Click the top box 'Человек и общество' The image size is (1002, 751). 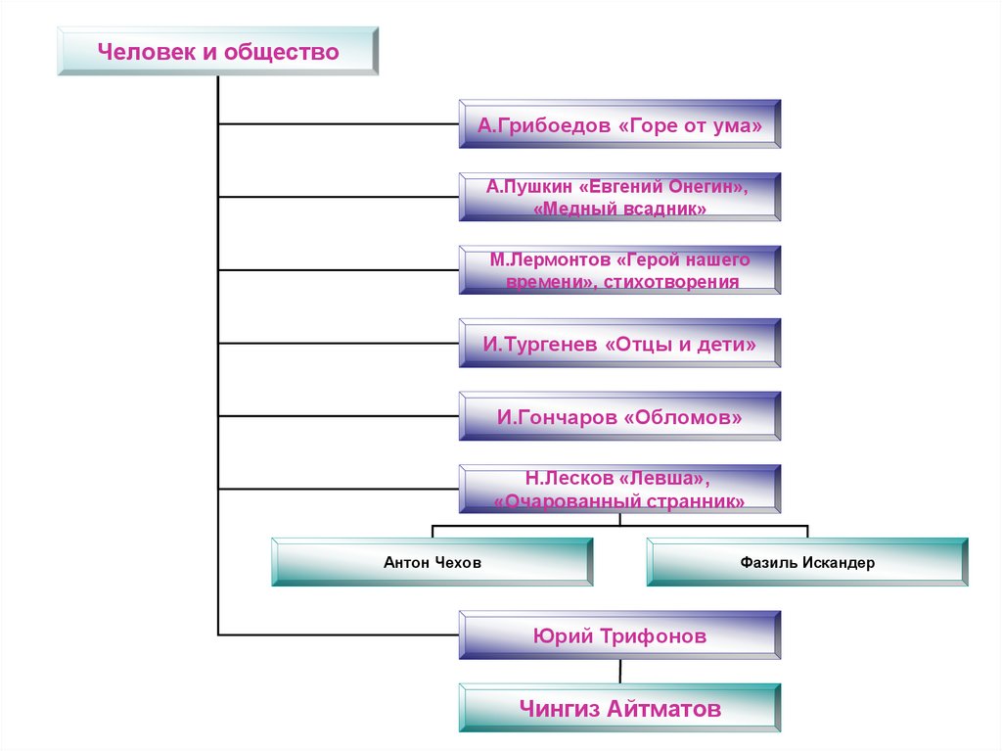coord(217,52)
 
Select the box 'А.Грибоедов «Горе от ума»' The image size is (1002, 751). coord(619,124)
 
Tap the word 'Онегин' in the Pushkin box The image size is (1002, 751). coord(704,186)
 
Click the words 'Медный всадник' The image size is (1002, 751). coord(619,210)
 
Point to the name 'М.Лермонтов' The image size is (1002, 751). coord(550,259)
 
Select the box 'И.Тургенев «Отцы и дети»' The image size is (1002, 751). coord(619,344)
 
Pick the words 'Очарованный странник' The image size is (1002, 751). coord(619,501)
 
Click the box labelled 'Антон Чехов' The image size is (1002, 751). coord(432,563)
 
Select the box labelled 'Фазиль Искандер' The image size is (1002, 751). coord(807,563)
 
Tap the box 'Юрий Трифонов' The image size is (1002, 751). coord(619,636)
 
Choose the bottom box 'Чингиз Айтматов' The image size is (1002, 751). coord(619,709)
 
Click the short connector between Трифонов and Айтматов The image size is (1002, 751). coord(619,673)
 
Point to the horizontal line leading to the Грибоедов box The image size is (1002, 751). coord(338,124)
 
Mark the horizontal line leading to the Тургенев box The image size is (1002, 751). coord(338,343)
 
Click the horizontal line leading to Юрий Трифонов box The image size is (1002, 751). coord(338,635)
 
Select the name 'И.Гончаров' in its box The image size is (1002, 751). coord(555,417)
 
